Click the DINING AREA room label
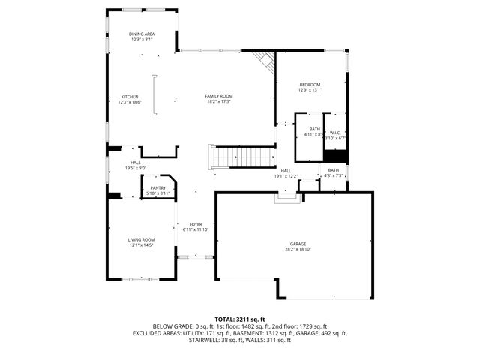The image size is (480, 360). click(x=141, y=34)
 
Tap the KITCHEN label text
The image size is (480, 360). click(x=130, y=96)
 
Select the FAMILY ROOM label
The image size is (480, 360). click(x=220, y=96)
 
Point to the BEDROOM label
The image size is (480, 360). click(x=310, y=84)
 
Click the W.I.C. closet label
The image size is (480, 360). click(x=335, y=132)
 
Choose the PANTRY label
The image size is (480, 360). click(x=157, y=187)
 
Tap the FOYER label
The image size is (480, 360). click(x=196, y=224)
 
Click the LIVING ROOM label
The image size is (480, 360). click(x=142, y=239)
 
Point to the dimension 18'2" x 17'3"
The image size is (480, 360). click(x=220, y=102)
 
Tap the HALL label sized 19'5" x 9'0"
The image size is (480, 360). click(x=136, y=163)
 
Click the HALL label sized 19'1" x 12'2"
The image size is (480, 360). click(x=286, y=170)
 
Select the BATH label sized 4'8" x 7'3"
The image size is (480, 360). click(x=333, y=170)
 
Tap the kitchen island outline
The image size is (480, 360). click(x=154, y=95)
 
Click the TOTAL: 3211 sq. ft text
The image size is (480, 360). click(x=239, y=319)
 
